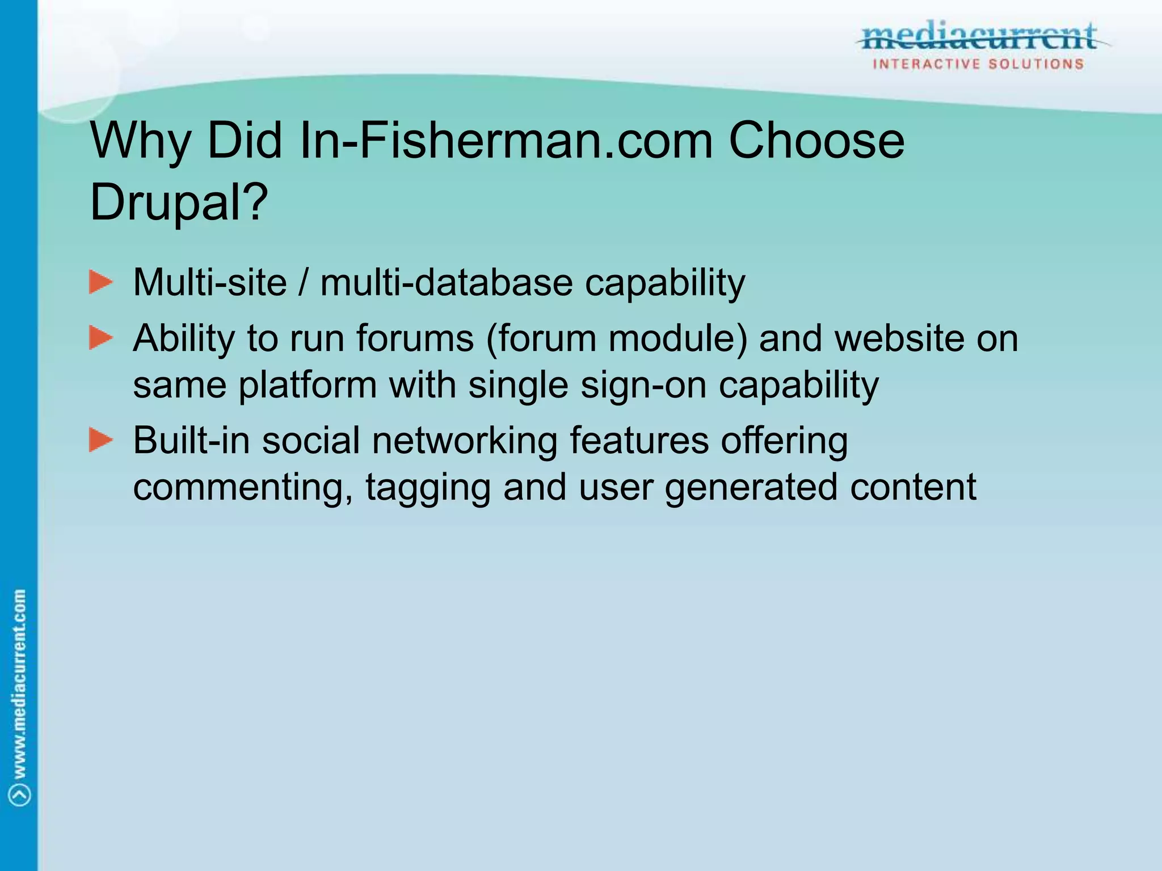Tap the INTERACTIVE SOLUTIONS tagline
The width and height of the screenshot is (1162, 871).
click(978, 64)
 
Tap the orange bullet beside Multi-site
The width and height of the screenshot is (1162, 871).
click(101, 282)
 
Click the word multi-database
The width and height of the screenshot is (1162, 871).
click(447, 282)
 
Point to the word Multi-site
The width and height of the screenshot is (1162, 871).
click(210, 282)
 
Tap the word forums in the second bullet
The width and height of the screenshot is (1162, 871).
click(415, 339)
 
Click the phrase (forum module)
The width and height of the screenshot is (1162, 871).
click(617, 339)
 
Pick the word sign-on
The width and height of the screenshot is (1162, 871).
click(643, 385)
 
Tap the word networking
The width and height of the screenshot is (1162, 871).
click(465, 440)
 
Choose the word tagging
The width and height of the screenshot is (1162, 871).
click(428, 487)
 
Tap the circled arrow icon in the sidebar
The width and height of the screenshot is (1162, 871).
click(20, 794)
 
